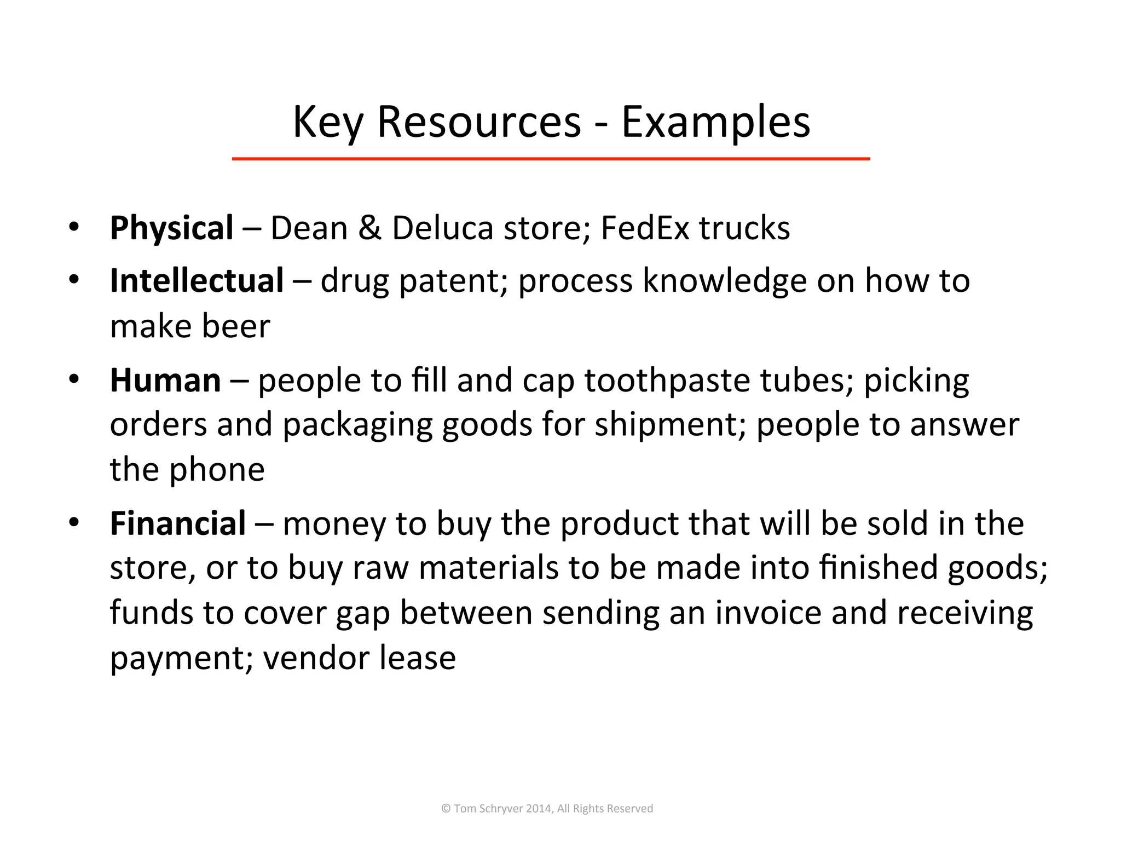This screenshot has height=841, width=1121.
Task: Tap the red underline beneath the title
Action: click(551, 159)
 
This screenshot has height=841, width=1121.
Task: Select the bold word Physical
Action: click(171, 228)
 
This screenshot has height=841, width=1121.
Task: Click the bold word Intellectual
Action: click(197, 280)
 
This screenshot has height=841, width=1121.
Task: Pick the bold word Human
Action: click(165, 380)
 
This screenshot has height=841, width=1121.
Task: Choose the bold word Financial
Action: click(177, 523)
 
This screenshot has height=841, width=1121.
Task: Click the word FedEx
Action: click(644, 228)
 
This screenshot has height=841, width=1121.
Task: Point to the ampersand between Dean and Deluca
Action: click(370, 228)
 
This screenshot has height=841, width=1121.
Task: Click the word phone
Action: click(217, 470)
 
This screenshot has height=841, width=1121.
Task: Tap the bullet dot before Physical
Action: click(74, 227)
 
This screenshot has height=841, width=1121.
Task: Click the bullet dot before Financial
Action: click(74, 522)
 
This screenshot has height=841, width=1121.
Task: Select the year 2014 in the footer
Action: click(539, 809)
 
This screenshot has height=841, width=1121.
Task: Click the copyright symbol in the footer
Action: click(446, 809)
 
